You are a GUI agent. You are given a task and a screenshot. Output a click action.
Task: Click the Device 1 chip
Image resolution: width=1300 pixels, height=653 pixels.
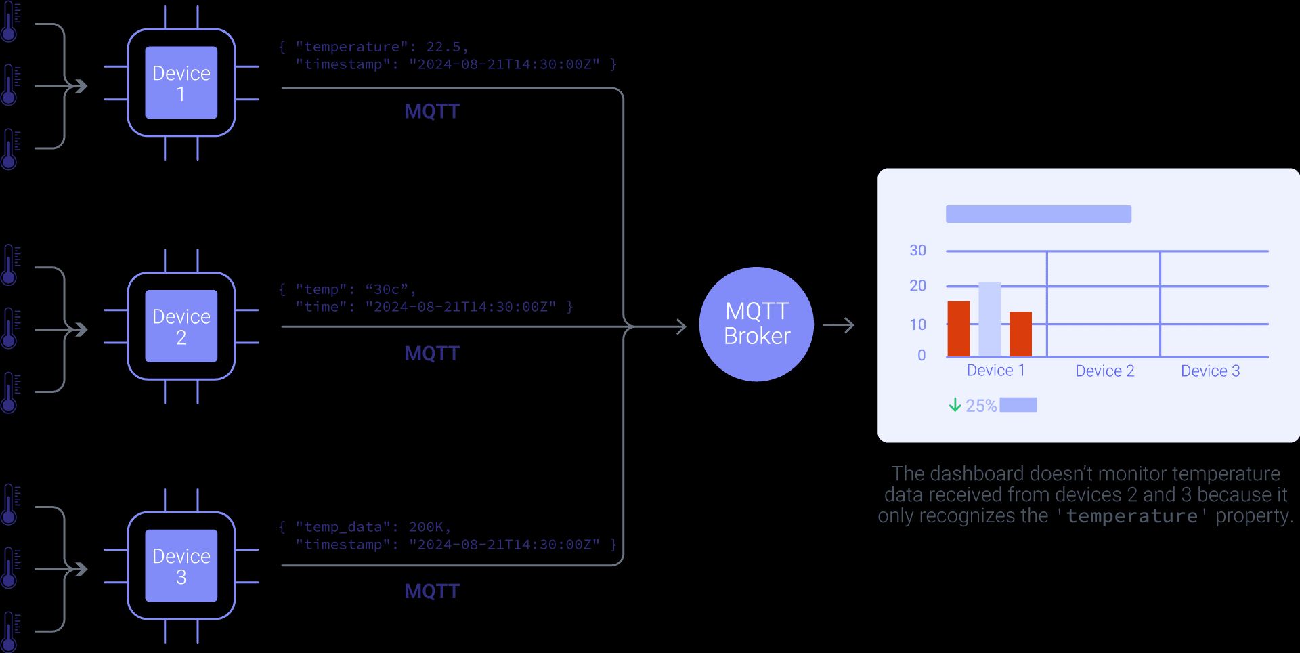click(x=181, y=83)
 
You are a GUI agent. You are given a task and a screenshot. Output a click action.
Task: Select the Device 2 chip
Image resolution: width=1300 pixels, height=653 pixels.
click(x=181, y=326)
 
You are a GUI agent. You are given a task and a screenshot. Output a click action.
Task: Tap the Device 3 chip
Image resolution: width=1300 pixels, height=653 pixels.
click(x=181, y=566)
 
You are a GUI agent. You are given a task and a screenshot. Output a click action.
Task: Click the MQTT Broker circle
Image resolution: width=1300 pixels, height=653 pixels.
click(x=756, y=324)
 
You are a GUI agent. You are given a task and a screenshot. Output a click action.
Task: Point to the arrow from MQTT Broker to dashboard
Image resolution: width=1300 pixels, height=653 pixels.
click(x=839, y=326)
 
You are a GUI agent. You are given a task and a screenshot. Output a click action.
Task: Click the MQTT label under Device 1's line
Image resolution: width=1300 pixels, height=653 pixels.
click(x=432, y=111)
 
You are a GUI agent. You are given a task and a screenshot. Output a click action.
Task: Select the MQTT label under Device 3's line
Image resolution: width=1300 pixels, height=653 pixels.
click(x=432, y=591)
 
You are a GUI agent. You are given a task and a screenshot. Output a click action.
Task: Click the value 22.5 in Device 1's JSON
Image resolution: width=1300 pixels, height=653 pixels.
click(x=443, y=47)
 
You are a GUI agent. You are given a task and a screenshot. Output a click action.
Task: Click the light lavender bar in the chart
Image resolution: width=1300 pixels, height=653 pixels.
click(x=989, y=319)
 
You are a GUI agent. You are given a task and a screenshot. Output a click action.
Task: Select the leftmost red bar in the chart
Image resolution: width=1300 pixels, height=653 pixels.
click(x=958, y=329)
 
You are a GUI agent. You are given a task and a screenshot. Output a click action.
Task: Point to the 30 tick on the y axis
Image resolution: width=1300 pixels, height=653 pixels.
click(x=917, y=251)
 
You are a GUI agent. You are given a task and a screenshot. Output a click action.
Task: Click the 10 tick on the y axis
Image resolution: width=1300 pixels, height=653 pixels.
click(x=917, y=324)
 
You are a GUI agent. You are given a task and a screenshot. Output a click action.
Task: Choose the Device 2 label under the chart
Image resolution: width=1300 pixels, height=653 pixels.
click(x=1104, y=371)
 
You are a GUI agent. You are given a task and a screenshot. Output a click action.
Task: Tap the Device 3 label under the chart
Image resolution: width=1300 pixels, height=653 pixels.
click(x=1210, y=371)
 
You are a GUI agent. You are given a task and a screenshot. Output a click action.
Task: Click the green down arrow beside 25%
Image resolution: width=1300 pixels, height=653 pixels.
click(x=955, y=405)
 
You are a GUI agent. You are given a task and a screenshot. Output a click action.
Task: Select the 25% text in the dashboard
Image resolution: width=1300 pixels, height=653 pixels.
click(x=980, y=406)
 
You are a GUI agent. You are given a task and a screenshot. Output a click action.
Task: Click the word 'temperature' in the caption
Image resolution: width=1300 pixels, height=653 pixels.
click(x=1131, y=516)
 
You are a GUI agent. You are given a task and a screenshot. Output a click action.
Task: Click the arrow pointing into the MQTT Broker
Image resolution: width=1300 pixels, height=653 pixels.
click(x=670, y=326)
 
